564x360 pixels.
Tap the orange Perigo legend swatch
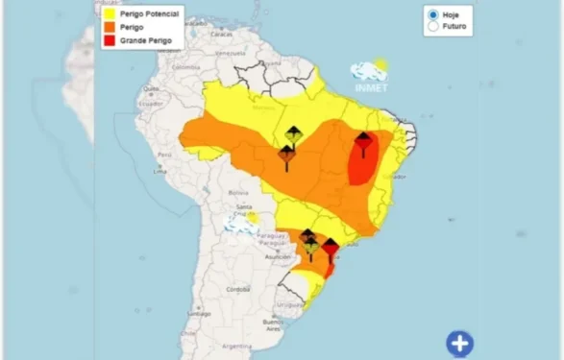coord(111,29)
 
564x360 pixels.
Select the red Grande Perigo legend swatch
coord(111,40)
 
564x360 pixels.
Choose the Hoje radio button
coord(433,15)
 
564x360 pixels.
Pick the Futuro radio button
coord(433,27)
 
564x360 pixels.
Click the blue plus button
coord(459,344)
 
